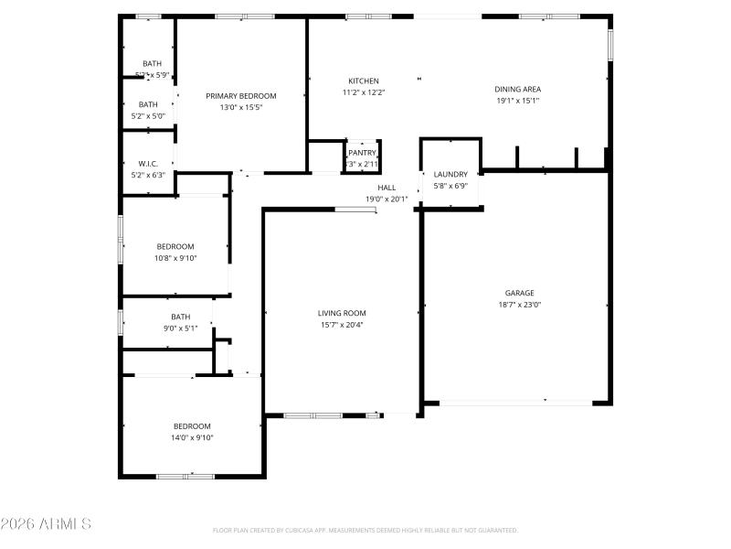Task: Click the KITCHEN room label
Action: click(x=363, y=81)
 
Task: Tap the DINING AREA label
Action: click(x=517, y=90)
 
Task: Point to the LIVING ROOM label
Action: click(x=342, y=313)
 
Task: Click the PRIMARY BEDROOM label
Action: click(x=240, y=96)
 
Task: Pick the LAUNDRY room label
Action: click(x=450, y=174)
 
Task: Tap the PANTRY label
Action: click(x=362, y=153)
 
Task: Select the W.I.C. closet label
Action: click(x=149, y=164)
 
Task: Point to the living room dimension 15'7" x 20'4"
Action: click(x=342, y=324)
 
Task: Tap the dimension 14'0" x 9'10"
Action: click(x=193, y=437)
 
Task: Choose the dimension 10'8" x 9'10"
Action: click(x=175, y=258)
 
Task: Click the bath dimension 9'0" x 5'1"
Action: click(x=180, y=328)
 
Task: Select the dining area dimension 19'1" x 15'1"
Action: click(x=517, y=101)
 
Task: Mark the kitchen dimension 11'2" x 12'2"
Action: click(x=363, y=91)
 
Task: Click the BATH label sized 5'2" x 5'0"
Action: click(x=148, y=104)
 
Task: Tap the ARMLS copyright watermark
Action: click(x=46, y=524)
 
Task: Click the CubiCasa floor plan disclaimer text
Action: click(x=365, y=530)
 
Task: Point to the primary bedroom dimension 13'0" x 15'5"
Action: click(x=240, y=107)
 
